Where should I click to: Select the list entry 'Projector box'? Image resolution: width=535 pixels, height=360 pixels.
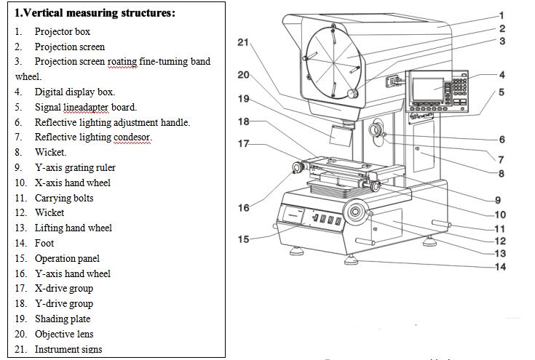[x=63, y=31]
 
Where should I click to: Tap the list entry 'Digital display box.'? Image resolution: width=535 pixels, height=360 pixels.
[x=74, y=92]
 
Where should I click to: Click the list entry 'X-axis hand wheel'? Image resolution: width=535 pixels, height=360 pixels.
[x=73, y=183]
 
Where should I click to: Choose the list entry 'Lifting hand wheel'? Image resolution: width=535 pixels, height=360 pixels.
[x=73, y=228]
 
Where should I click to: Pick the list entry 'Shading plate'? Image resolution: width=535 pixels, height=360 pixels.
[x=63, y=319]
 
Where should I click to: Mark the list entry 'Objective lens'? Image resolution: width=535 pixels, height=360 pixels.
[x=65, y=334]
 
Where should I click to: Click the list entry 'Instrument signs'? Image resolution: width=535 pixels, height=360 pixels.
[x=68, y=349]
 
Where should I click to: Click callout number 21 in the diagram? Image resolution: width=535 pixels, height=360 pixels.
[x=244, y=42]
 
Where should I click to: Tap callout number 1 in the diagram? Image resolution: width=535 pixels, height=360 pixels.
[x=502, y=15]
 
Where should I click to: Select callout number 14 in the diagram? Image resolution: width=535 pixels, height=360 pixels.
[x=501, y=267]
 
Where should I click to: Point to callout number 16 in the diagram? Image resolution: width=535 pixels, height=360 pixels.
[x=244, y=208]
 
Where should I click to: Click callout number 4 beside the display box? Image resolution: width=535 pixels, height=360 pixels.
[x=502, y=74]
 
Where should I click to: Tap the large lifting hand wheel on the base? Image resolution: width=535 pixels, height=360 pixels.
[x=357, y=212]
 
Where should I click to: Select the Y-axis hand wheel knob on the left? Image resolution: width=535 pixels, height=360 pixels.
[x=298, y=169]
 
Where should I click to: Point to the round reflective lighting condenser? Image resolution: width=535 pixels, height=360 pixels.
[x=377, y=130]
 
